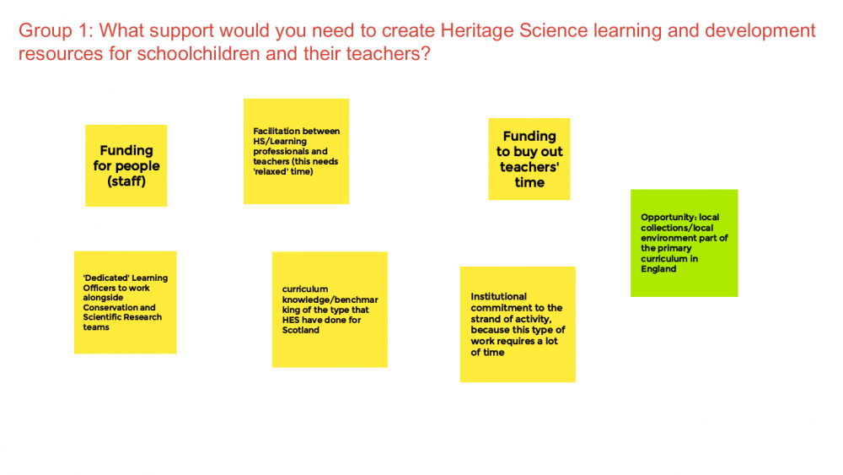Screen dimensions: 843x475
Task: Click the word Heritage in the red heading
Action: coord(477,30)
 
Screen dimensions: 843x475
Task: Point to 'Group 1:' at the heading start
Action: coord(56,30)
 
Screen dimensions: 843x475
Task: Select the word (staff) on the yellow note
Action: coord(126,181)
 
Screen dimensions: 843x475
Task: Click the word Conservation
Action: coord(110,308)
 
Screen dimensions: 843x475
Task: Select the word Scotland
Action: coord(301,330)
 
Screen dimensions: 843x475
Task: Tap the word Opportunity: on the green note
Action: coord(668,218)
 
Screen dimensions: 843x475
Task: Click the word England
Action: coord(658,269)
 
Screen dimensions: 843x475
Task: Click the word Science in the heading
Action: coord(553,30)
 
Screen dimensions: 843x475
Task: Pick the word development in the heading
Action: coord(760,30)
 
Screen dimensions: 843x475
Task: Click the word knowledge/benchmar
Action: coord(330,300)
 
